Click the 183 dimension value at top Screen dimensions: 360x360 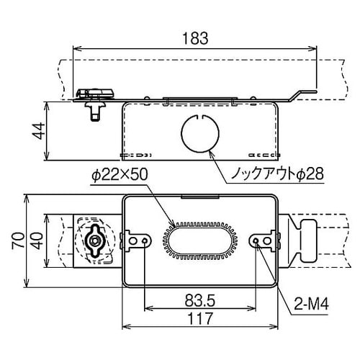click(194, 35)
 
